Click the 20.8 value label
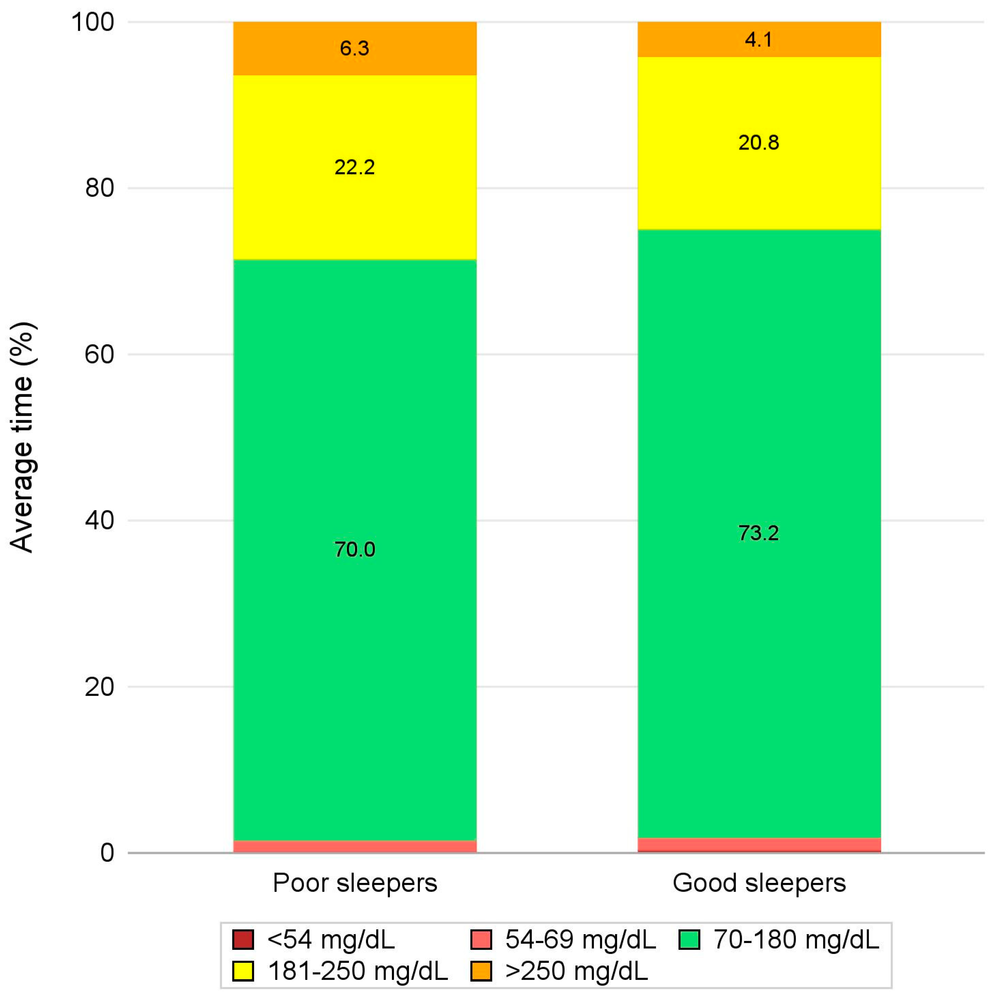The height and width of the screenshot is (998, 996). point(759,143)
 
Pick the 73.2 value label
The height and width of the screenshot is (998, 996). point(759,532)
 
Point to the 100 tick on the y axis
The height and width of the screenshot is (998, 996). point(93,23)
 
